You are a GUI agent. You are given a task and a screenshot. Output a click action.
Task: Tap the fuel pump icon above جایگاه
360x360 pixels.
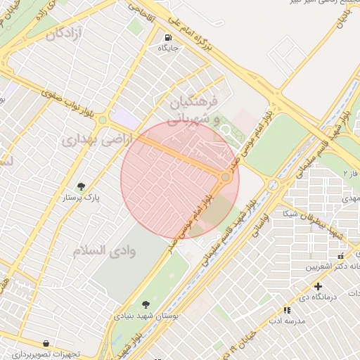(168, 37)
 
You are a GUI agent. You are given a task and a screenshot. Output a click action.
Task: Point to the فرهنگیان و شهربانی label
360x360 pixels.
(195, 111)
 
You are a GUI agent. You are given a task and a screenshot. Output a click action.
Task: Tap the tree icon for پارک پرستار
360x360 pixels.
(82, 186)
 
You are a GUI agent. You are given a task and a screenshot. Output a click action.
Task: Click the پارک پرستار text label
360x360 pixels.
(82, 198)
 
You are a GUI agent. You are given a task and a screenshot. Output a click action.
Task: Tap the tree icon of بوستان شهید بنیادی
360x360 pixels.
(146, 304)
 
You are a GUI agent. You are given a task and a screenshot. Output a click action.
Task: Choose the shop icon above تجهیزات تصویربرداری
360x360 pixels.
(46, 343)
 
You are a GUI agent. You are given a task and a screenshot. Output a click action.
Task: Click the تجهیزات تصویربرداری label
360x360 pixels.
(46, 354)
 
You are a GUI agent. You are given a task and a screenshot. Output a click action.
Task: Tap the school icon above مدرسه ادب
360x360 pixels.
(287, 309)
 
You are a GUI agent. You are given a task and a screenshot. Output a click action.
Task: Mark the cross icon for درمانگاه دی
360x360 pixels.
(319, 286)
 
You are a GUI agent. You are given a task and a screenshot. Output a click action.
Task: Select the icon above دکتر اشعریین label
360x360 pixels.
(341, 256)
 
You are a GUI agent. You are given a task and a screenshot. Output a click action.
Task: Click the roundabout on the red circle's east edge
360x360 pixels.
(225, 178)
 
